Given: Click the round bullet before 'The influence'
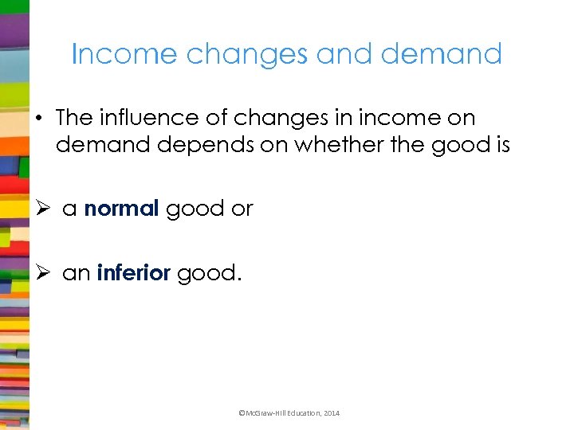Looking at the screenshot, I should pyautogui.click(x=37, y=119).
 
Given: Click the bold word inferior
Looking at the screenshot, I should pyautogui.click(x=134, y=273).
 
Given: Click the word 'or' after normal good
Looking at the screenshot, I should pyautogui.click(x=242, y=209).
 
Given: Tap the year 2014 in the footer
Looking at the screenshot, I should pyautogui.click(x=331, y=413).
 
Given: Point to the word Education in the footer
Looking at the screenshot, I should pyautogui.click(x=301, y=413).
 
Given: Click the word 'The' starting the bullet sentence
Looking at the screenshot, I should pyautogui.click(x=75, y=118).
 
